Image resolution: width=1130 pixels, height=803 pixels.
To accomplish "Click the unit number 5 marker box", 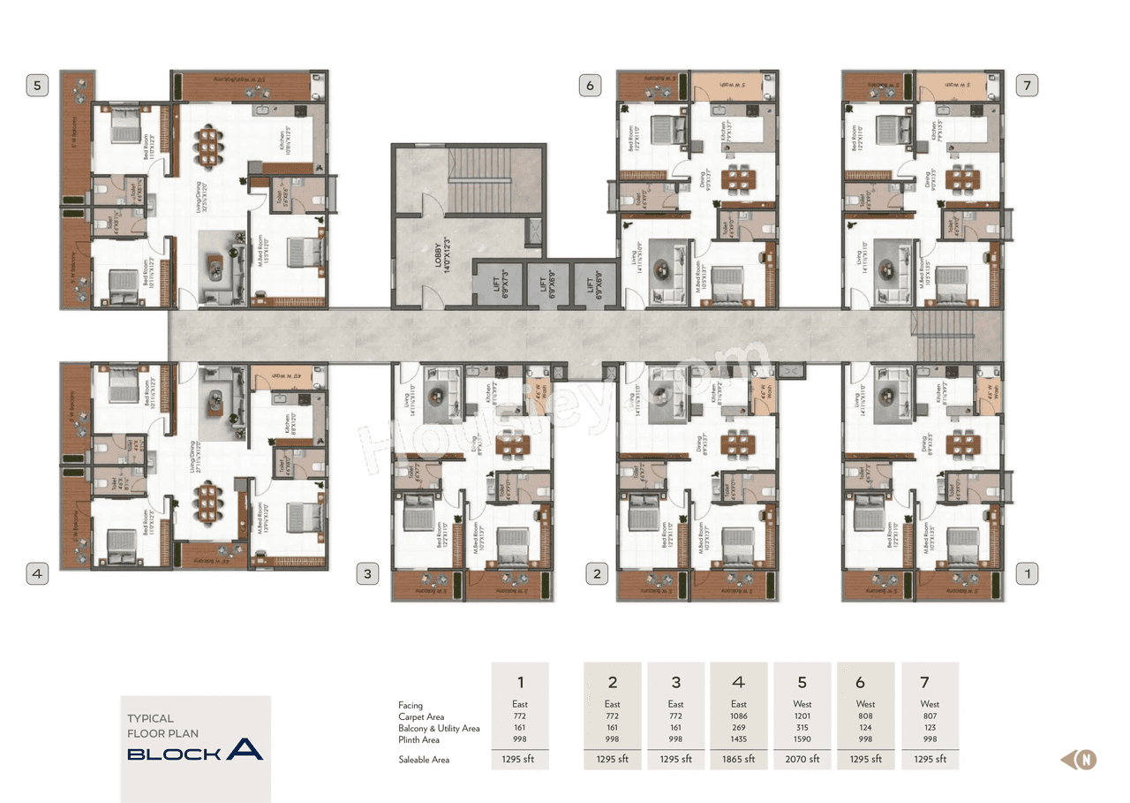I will click(x=37, y=86).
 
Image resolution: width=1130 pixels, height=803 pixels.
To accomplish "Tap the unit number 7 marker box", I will click(x=1026, y=86).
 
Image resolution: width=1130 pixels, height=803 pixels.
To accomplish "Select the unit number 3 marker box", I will click(x=367, y=573).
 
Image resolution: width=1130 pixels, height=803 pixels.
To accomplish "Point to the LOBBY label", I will click(x=437, y=253).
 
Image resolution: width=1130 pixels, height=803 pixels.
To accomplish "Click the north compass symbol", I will click(x=1087, y=759).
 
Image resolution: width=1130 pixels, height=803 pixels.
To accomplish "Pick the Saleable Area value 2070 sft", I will click(x=802, y=759).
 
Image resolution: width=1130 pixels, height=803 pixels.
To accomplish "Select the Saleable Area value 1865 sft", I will click(x=739, y=759).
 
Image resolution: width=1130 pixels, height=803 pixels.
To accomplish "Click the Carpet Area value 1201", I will click(x=802, y=716).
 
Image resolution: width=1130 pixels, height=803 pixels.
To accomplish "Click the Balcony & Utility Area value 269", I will click(x=739, y=728).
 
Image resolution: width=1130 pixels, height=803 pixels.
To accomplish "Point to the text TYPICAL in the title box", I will click(x=151, y=718).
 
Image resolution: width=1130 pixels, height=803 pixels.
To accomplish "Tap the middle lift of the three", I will click(x=542, y=284).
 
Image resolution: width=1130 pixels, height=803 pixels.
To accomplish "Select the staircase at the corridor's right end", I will click(x=945, y=335).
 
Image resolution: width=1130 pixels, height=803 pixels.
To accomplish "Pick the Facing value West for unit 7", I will click(x=929, y=704).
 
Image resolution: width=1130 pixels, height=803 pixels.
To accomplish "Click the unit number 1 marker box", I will click(x=1026, y=573).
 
